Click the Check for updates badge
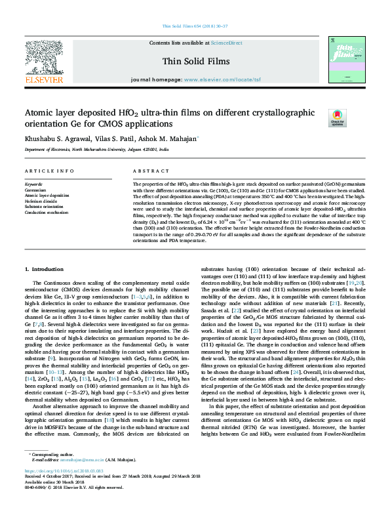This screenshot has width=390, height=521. (x=337, y=118)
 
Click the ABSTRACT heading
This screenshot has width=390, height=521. (x=147, y=171)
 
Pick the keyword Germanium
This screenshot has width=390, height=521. (x=36, y=190)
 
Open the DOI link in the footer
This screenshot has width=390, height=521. (x=65, y=489)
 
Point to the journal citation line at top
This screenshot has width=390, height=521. (x=195, y=26)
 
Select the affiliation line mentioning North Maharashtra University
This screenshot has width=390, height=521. (x=96, y=150)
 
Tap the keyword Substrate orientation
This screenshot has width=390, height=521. (x=45, y=206)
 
